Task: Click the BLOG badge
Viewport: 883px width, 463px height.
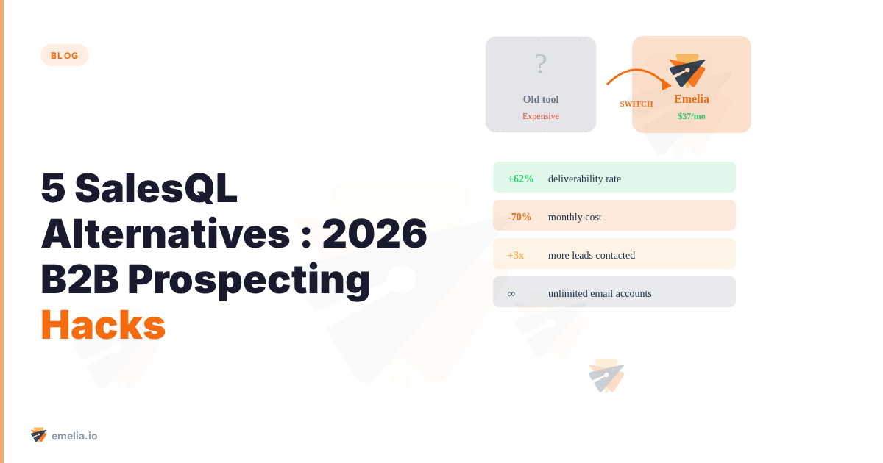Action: click(65, 55)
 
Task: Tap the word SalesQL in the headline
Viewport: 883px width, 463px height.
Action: click(156, 188)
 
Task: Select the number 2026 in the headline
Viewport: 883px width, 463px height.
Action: click(375, 234)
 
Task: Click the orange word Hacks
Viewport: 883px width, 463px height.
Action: click(103, 324)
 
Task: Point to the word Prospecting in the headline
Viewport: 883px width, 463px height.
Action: click(249, 279)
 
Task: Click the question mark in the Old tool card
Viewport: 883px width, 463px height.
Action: click(541, 65)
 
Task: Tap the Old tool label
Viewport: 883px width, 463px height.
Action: click(541, 99)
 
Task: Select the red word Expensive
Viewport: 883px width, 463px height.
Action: click(541, 116)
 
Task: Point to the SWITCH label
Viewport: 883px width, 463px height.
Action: click(636, 104)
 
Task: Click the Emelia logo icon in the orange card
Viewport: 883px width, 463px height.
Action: click(687, 71)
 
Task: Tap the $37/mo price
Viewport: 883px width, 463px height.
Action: click(692, 116)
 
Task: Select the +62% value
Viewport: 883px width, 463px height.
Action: click(520, 179)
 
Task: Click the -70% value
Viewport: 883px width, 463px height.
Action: click(519, 217)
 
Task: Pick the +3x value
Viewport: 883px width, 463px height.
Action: click(516, 255)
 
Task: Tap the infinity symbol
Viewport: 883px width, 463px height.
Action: click(511, 294)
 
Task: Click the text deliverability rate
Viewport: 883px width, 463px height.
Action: click(584, 179)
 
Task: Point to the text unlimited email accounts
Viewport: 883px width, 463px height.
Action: click(600, 293)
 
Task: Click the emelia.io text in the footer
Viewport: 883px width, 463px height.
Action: click(74, 436)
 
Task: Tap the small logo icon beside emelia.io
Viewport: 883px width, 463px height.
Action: click(39, 435)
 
